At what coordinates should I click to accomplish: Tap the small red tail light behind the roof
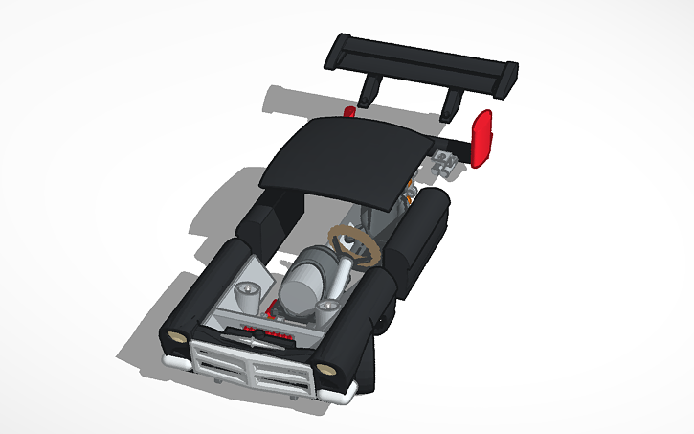click(349, 112)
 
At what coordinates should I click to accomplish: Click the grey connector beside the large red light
click(445, 163)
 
